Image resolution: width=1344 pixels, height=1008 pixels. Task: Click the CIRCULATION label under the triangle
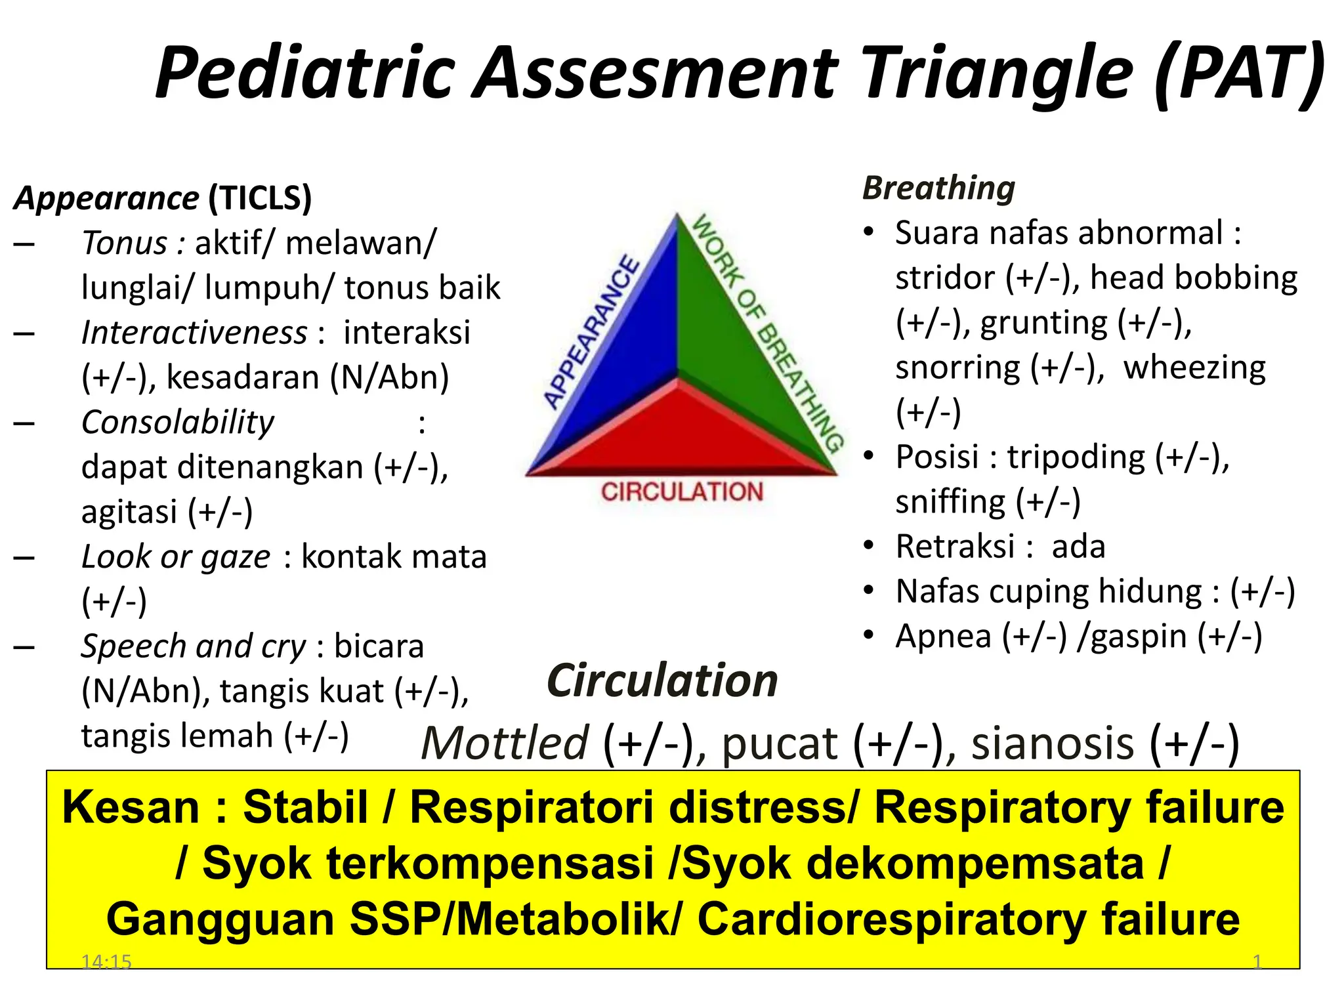(682, 492)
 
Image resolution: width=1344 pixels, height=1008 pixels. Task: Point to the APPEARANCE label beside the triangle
(591, 331)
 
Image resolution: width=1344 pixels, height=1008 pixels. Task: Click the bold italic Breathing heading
(938, 188)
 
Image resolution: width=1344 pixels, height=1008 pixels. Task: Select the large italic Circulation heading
(662, 681)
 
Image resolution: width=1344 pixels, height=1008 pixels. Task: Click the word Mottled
(505, 744)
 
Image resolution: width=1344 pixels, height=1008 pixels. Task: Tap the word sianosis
(1053, 744)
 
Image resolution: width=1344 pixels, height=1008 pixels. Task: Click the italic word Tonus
(125, 243)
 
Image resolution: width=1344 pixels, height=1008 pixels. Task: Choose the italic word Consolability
(178, 423)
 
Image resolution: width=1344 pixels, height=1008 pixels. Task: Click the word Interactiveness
(194, 333)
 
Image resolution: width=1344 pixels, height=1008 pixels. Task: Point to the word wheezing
(1194, 367)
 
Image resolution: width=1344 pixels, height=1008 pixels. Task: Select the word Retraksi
(955, 547)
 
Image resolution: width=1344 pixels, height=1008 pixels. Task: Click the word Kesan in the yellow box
(131, 808)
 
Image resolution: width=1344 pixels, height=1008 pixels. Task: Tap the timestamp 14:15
(106, 962)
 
